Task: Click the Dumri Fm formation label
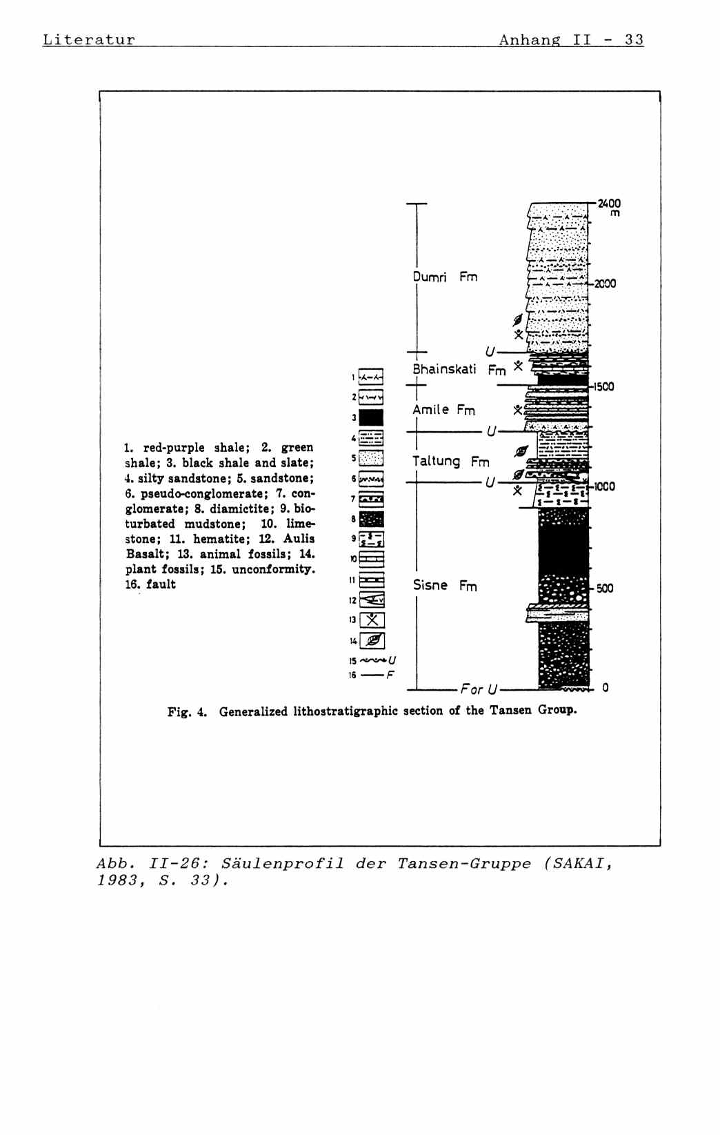[x=445, y=277]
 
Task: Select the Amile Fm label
[x=443, y=410]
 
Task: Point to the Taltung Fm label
[x=450, y=461]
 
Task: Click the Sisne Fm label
[x=445, y=586]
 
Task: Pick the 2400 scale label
[x=609, y=204]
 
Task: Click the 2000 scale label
[x=606, y=284]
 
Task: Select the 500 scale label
[x=604, y=589]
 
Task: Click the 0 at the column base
[x=606, y=688]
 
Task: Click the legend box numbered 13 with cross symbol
[x=372, y=620]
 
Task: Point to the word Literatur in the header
[x=88, y=39]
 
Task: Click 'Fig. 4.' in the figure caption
[x=187, y=711]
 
